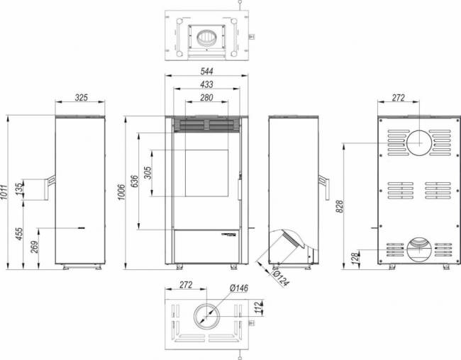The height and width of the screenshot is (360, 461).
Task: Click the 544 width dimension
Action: (206, 71)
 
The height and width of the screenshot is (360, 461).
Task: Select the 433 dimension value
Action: (206, 84)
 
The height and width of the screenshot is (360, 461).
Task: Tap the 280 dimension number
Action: (206, 97)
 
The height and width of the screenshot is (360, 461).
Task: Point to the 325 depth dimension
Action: (82, 98)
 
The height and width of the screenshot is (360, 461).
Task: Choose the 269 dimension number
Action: (34, 247)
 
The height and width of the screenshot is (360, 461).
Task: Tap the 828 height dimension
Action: (340, 206)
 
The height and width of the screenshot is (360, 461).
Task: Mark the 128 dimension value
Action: (353, 259)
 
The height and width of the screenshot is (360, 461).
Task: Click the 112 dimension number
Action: (258, 306)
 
